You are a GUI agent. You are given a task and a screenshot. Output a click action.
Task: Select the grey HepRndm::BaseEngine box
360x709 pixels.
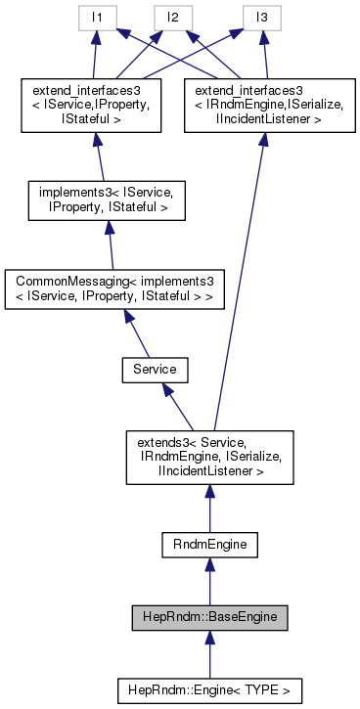[x=209, y=617]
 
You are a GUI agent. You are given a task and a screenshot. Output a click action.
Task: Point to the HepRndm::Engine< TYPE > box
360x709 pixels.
[x=209, y=689]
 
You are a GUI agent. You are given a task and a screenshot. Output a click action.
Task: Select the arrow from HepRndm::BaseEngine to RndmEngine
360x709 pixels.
[x=209, y=581]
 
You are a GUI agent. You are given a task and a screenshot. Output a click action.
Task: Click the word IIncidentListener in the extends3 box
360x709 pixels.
[x=209, y=471]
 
